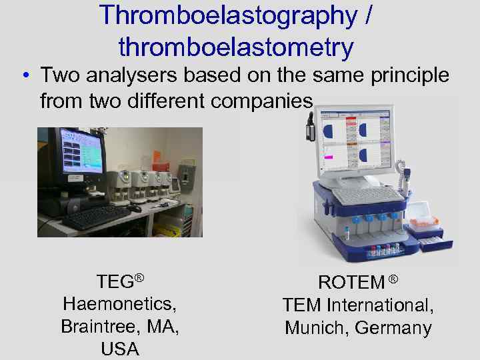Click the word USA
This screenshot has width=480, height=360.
pos(120,349)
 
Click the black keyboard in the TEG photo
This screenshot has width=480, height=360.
pos(97,217)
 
